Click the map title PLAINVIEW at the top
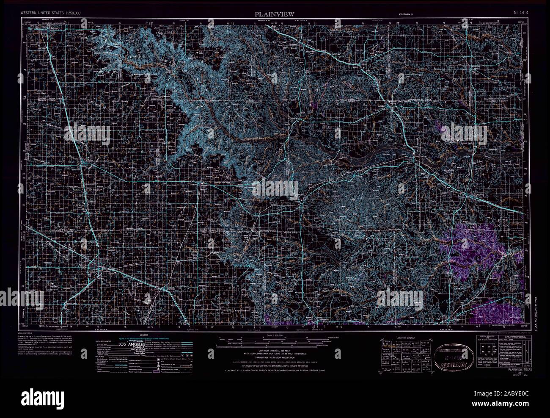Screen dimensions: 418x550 [275, 14]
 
